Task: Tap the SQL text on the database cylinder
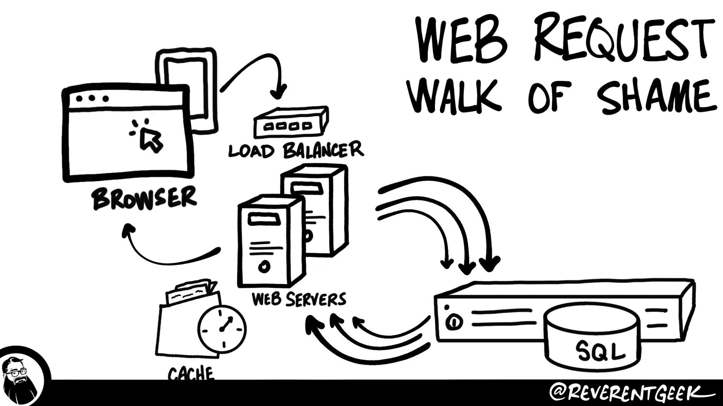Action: pyautogui.click(x=600, y=351)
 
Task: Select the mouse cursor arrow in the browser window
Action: pyautogui.click(x=151, y=139)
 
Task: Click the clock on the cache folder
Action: pyautogui.click(x=222, y=329)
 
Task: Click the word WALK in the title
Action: pyautogui.click(x=456, y=95)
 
